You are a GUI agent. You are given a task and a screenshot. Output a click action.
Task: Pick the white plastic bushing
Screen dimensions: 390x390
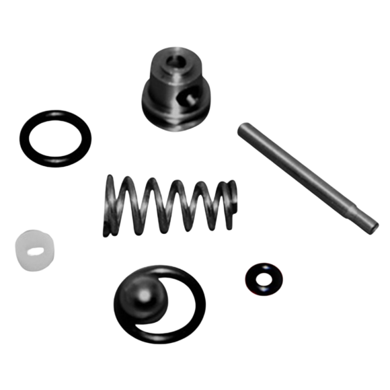coord(33,249)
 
